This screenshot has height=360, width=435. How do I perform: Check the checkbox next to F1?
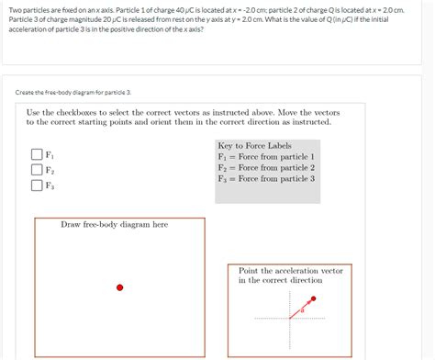click(x=37, y=155)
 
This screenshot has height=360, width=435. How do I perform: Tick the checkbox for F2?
click(x=37, y=170)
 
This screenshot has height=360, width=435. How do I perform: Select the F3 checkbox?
click(x=37, y=186)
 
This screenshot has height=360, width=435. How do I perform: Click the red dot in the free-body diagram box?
click(x=119, y=287)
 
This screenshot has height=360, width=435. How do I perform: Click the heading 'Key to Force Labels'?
click(x=253, y=146)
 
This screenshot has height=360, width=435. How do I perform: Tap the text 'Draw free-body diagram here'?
click(x=114, y=224)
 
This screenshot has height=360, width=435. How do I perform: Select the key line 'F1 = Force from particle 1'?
click(x=266, y=157)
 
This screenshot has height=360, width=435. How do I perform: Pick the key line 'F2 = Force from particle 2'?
click(x=266, y=168)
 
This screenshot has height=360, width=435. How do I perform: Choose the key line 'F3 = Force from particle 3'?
click(x=266, y=178)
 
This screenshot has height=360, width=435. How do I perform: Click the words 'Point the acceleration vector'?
click(x=290, y=271)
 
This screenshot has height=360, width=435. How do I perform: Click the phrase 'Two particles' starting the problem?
click(x=25, y=9)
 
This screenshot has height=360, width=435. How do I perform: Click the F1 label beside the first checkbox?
click(x=50, y=155)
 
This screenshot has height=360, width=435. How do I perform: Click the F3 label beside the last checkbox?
click(x=50, y=186)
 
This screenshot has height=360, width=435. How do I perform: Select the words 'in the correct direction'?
click(x=280, y=281)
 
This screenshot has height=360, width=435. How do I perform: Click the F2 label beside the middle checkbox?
click(x=50, y=171)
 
